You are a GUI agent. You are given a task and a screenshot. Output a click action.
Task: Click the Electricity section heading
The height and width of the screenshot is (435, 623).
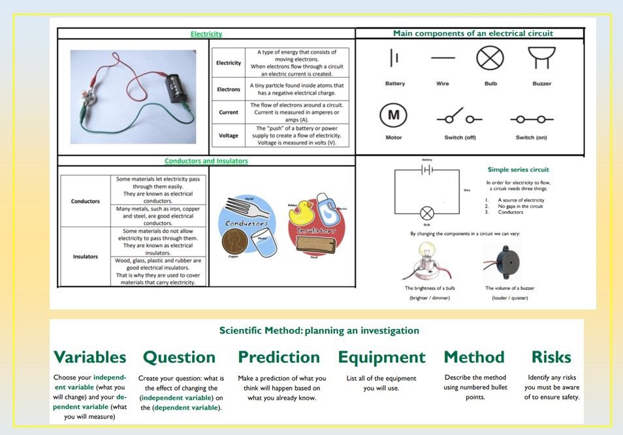tap(206, 34)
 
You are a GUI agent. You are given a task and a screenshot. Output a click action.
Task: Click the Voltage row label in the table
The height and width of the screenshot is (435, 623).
tap(229, 135)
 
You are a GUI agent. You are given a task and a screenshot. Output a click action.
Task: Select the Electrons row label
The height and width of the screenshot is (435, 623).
tap(229, 88)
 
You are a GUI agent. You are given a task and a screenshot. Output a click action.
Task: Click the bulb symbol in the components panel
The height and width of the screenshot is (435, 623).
tap(490, 58)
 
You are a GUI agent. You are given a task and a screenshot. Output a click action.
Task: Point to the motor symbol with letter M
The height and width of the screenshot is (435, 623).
tap(393, 115)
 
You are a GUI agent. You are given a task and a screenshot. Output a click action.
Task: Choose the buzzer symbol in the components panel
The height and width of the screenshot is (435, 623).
tap(541, 58)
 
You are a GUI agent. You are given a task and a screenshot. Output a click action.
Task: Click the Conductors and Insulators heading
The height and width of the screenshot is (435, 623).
tap(206, 161)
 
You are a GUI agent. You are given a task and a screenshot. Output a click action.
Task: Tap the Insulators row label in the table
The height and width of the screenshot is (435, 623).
tap(86, 256)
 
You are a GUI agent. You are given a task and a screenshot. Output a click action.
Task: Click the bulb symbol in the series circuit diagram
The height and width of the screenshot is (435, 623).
tap(427, 213)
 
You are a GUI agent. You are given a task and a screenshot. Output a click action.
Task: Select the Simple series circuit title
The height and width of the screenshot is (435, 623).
tap(519, 169)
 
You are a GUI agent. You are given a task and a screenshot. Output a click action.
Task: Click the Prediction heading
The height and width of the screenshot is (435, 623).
tap(279, 357)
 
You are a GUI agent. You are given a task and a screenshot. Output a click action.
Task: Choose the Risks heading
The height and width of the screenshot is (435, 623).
tap(551, 357)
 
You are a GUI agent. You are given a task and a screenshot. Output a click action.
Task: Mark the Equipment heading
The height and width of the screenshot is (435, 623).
tap(381, 357)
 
